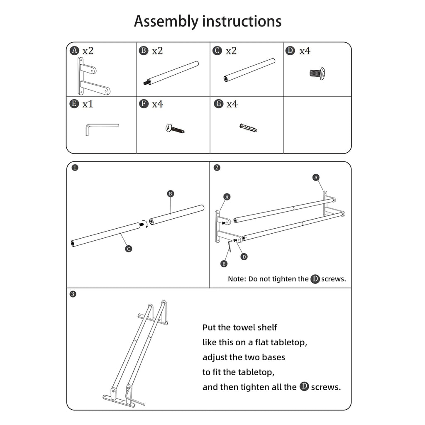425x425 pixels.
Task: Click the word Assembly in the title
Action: tap(166, 22)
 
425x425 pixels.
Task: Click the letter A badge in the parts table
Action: tap(74, 51)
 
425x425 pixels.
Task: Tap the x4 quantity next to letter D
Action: tap(305, 51)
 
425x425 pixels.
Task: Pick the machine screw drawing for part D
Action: tap(318, 73)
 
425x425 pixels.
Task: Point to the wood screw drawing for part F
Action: tap(175, 129)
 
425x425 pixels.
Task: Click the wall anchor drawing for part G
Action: tap(248, 128)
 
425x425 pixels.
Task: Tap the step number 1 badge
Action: tap(75, 168)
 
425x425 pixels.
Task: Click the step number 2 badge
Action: tap(217, 168)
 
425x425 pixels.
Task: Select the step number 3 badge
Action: tap(73, 294)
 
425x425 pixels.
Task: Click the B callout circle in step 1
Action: tap(170, 193)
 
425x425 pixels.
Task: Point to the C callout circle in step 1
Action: tap(129, 249)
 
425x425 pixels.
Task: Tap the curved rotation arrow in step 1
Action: tap(146, 224)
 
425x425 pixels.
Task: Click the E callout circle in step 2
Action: tap(224, 264)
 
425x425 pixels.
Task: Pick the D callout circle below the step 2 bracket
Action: tap(244, 256)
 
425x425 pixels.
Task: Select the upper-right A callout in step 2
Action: tap(316, 178)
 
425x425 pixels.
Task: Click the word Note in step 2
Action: tap(237, 279)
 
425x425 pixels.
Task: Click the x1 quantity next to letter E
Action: tap(88, 104)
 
